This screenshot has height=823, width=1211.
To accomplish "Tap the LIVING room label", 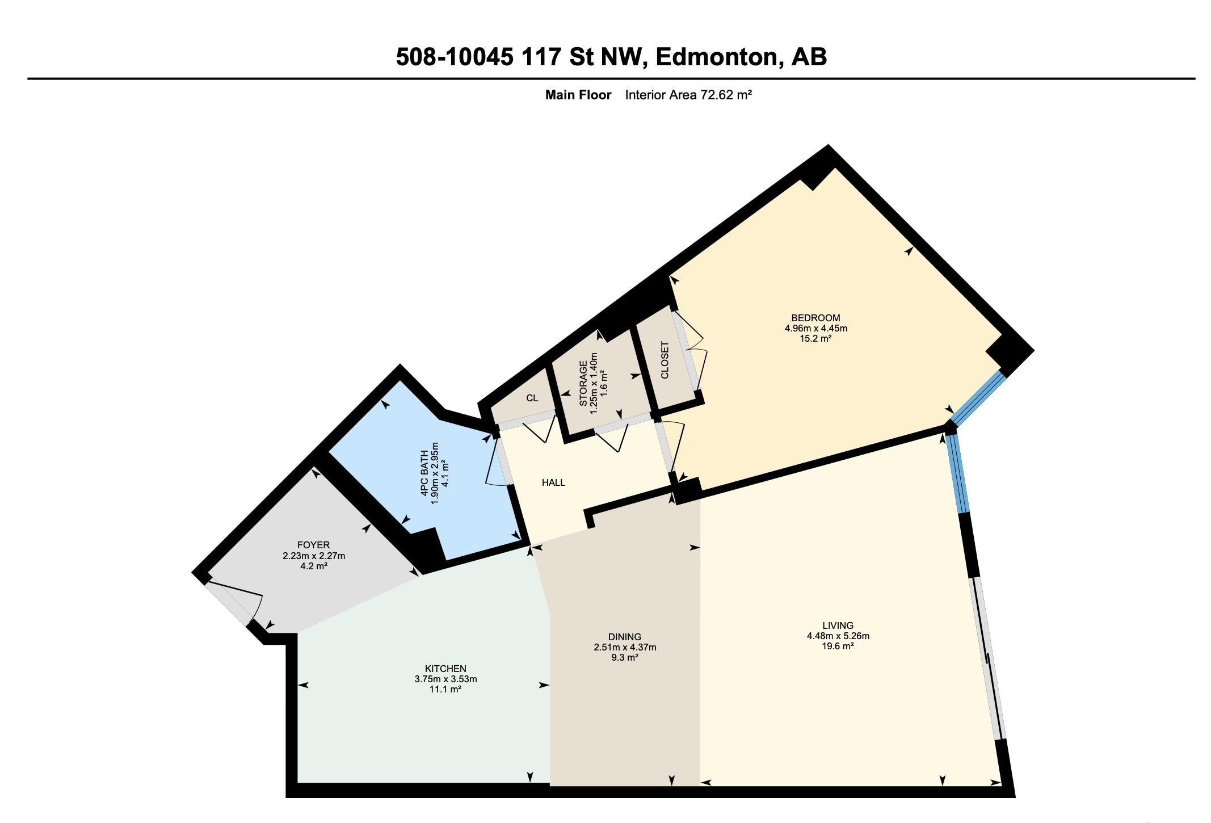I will (838, 625).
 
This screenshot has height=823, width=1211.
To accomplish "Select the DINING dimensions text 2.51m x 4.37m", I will (625, 647).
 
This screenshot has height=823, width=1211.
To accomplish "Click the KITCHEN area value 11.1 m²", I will (445, 689).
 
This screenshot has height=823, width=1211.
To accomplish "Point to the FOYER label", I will (313, 545).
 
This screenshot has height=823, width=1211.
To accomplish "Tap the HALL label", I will (553, 482).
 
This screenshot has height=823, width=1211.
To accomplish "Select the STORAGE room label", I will (583, 384).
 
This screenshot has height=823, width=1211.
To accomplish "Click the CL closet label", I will (532, 398).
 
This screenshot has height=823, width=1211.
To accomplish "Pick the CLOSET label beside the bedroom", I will (665, 360).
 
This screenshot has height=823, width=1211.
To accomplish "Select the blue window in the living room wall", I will (958, 475).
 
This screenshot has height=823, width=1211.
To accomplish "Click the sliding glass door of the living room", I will (987, 658).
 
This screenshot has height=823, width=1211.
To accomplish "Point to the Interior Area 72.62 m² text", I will (688, 95).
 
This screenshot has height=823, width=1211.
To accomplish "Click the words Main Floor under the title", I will (578, 95).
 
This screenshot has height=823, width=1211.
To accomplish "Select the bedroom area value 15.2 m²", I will (815, 338).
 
